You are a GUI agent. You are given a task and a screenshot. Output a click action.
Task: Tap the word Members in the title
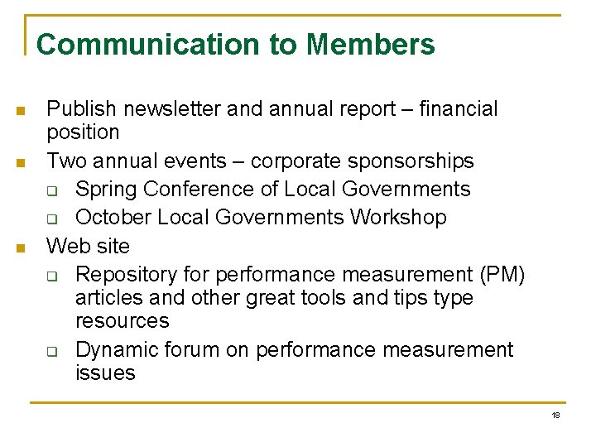(x=370, y=45)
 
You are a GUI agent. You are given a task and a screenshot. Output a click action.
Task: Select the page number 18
(x=555, y=415)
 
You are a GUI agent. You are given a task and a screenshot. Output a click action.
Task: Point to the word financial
(x=459, y=109)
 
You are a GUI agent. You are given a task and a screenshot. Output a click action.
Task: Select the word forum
(x=193, y=350)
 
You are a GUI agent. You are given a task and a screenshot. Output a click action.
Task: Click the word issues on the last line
(x=105, y=373)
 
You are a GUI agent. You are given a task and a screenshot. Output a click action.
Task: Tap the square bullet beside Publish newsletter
(x=22, y=111)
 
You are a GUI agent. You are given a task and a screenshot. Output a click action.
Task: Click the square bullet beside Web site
(x=22, y=248)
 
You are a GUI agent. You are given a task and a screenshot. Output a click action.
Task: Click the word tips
(x=371, y=297)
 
